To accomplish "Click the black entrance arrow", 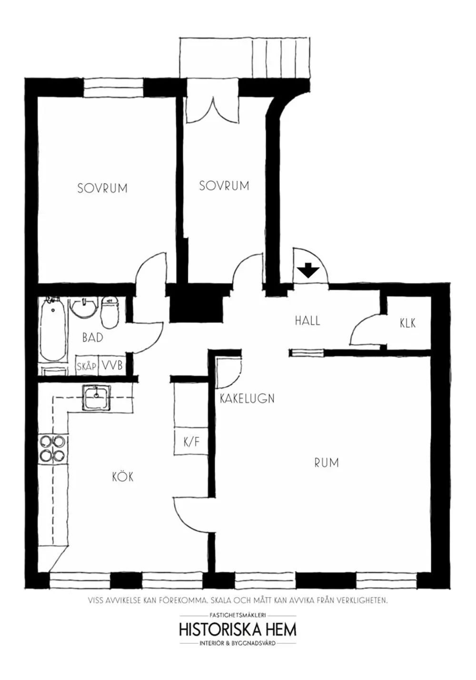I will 308,270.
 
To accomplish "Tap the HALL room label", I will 307,320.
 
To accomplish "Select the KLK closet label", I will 407,323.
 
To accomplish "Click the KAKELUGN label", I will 247,399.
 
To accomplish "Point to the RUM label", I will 327,462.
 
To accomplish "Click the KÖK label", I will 123,476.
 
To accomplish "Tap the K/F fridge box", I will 191,442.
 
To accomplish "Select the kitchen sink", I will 97,397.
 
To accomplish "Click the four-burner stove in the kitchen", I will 52,448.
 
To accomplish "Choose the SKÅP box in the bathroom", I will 87,366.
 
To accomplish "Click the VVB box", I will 113,366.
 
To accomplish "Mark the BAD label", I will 93,338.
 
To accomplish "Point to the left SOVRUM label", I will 102,188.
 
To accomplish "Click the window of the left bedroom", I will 114,87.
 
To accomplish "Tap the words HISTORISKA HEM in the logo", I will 238,629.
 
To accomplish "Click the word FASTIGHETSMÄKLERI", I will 238,615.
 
